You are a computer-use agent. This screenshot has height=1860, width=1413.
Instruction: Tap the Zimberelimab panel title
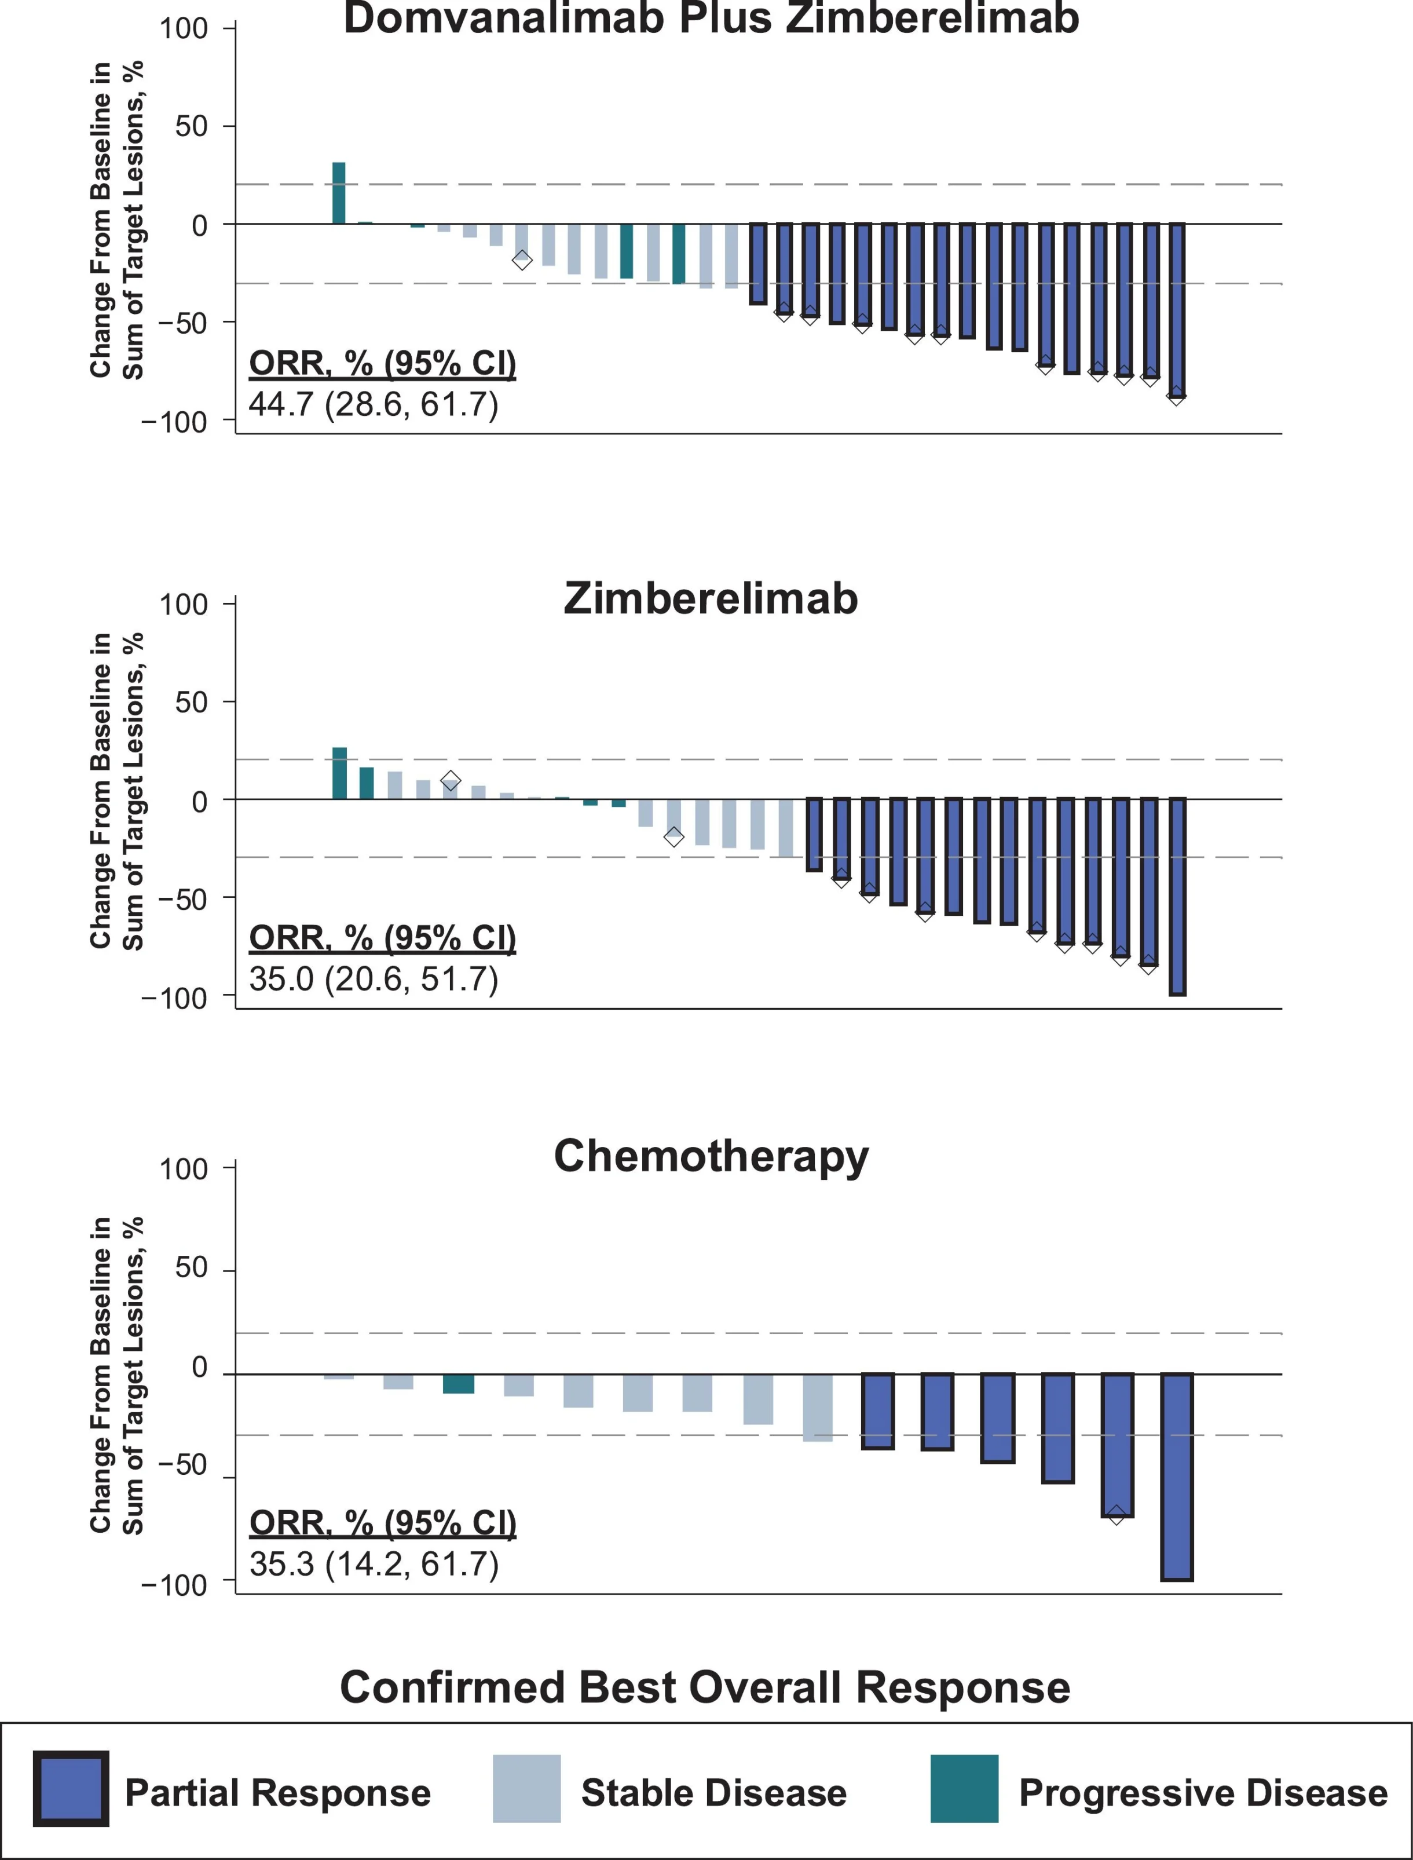coord(711,599)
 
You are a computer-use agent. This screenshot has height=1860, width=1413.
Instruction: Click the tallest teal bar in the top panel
coord(339,193)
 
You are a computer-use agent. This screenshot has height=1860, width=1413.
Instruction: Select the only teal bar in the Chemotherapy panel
coord(459,1384)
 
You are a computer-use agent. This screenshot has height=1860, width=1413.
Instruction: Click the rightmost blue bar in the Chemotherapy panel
coord(1177,1477)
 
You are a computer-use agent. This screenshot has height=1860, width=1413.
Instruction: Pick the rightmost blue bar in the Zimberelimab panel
coord(1177,896)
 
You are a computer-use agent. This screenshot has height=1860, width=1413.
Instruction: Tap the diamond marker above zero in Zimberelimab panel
coord(451,780)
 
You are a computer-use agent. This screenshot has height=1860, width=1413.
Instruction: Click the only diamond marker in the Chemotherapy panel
coord(1116,1515)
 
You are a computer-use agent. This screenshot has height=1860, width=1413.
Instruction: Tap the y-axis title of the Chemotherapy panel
coord(117,1375)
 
